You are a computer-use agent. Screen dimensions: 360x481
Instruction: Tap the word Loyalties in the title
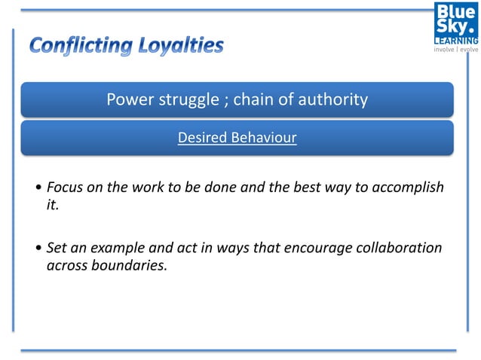(x=181, y=46)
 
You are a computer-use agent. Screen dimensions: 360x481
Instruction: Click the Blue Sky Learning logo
(x=455, y=23)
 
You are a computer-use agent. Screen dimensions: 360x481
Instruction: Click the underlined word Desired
(x=202, y=139)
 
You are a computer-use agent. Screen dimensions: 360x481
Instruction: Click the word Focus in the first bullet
(x=64, y=188)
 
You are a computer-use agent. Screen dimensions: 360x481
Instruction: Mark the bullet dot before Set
(x=39, y=249)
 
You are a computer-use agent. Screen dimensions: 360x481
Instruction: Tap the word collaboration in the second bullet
(x=399, y=248)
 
